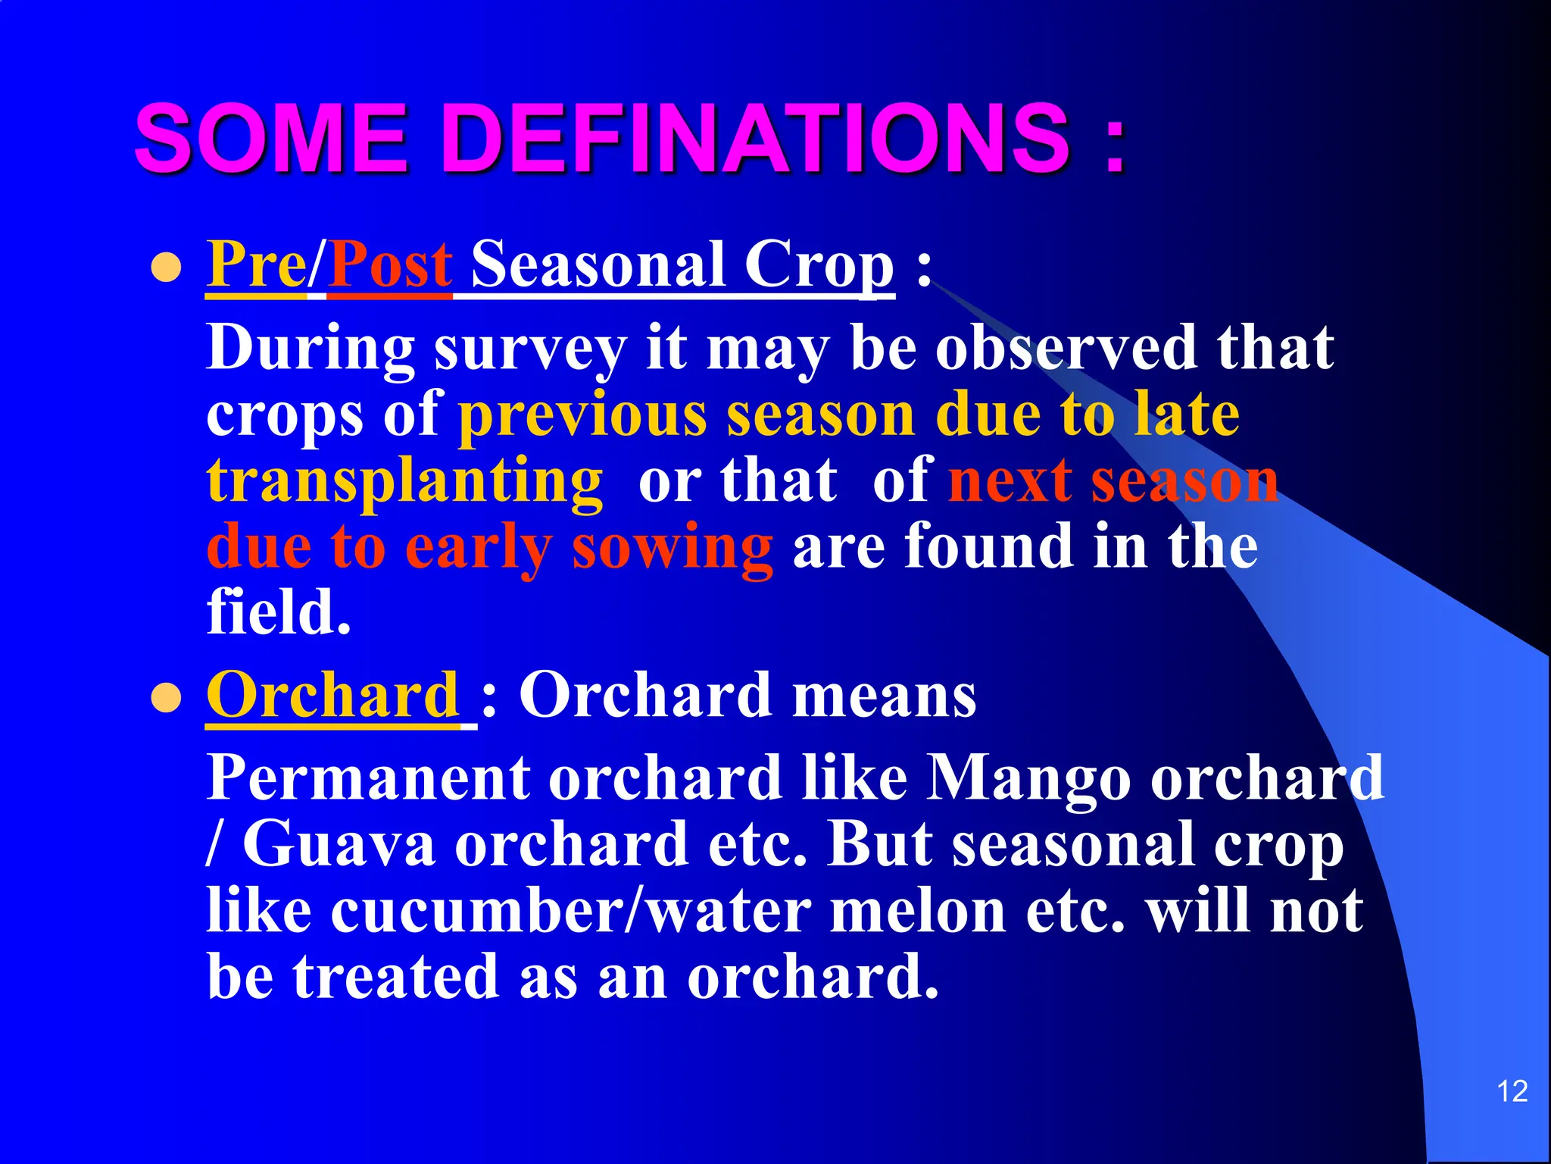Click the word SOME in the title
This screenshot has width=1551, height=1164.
click(270, 139)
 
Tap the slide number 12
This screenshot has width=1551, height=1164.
click(1512, 1091)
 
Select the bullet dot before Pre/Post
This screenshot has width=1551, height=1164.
click(166, 268)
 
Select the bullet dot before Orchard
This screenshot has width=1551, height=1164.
click(166, 699)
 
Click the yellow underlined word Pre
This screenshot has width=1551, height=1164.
click(255, 265)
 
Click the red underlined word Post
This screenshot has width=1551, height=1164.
click(390, 265)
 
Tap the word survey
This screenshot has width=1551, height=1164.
click(529, 349)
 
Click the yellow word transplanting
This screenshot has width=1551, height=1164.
click(404, 481)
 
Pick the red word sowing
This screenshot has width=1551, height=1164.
click(672, 547)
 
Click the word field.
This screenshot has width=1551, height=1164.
click(278, 612)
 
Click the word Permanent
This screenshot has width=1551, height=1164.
click(368, 778)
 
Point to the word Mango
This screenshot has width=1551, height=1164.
click(1028, 779)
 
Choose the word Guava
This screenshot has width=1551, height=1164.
click(339, 844)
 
